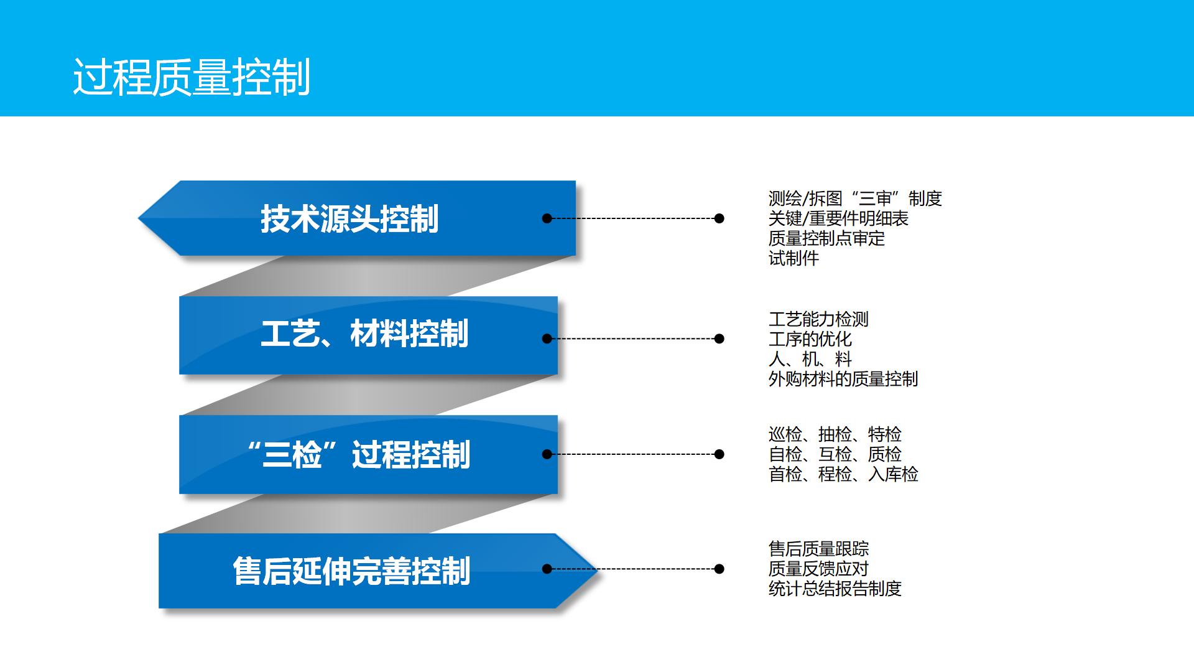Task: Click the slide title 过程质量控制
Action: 192,78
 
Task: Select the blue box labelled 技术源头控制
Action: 357,218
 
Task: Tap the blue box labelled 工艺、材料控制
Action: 368,335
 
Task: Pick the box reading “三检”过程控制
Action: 368,455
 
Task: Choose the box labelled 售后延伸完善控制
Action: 377,571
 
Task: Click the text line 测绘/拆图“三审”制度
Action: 855,199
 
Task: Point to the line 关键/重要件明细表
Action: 838,219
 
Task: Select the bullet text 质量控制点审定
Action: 826,239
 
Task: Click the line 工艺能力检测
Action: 818,320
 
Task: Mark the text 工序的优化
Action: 810,340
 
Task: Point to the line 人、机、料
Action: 810,360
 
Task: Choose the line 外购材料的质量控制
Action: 843,380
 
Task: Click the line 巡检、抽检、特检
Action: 835,434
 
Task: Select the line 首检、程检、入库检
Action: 843,474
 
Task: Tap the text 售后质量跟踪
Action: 818,549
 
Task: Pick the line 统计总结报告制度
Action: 835,589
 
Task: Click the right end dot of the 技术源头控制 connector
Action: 720,218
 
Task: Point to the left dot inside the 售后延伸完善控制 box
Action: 547,569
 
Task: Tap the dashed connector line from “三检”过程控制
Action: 633,454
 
